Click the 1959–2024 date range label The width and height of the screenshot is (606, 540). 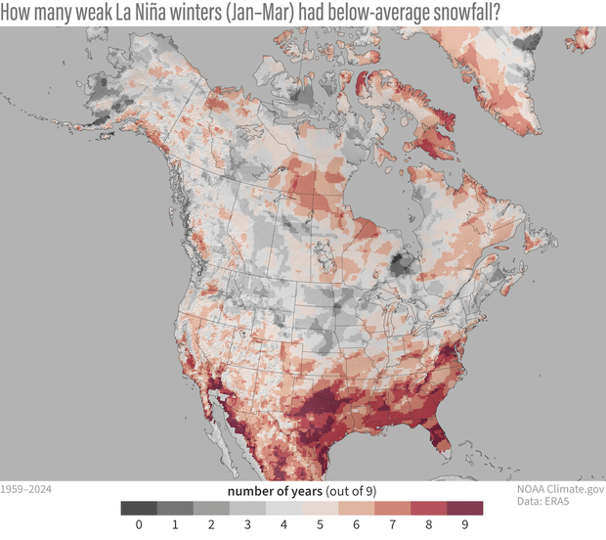[x=25, y=485]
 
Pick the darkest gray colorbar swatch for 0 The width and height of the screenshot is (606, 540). [x=137, y=508]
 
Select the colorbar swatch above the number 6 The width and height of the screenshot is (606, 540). [x=357, y=508]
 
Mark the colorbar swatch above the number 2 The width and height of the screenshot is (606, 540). [x=210, y=508]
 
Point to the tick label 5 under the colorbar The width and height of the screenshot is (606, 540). [x=320, y=526]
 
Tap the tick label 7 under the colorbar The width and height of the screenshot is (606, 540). [x=393, y=526]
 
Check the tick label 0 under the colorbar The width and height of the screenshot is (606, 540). [x=137, y=526]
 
